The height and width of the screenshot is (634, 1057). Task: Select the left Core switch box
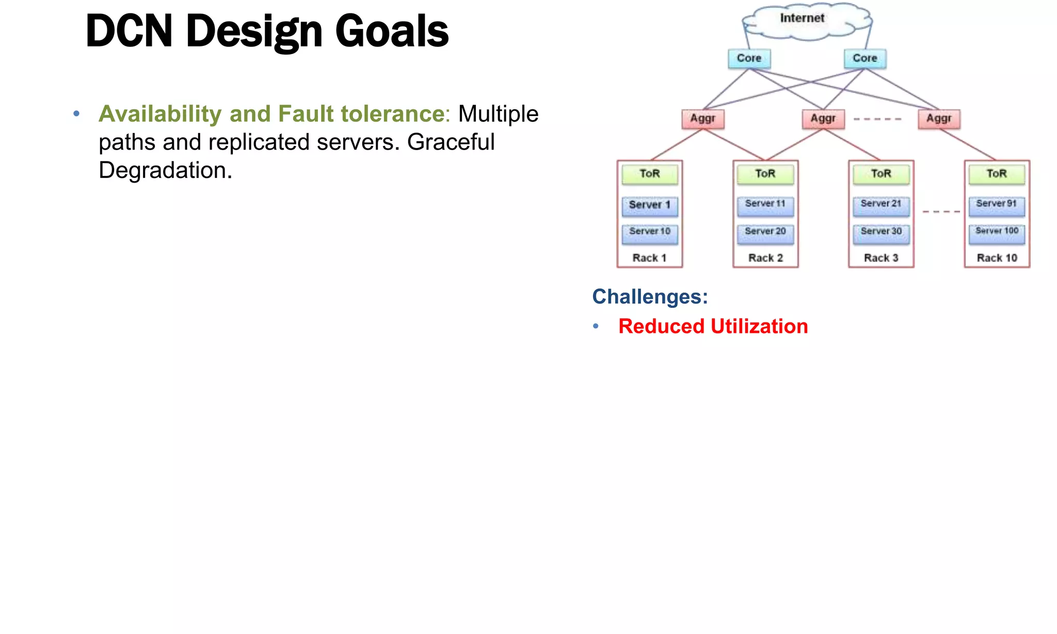749,58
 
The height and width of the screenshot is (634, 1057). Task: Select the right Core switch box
864,58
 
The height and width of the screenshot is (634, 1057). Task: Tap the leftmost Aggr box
702,119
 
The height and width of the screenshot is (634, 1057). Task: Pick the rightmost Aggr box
938,119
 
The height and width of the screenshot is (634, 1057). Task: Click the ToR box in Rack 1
649,174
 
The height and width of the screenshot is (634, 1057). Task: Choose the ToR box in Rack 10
997,174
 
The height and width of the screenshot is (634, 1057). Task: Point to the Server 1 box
649,205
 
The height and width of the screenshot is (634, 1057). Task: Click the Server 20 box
765,232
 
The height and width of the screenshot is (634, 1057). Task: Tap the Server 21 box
880,204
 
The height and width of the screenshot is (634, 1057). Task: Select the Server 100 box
997,232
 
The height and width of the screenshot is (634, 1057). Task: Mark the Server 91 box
997,204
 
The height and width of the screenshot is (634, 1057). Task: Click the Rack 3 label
880,258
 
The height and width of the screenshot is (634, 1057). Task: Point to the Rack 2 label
765,258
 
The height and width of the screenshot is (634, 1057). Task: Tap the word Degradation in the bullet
165,170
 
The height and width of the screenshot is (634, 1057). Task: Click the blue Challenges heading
649,297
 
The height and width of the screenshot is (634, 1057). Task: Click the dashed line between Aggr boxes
877,119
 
